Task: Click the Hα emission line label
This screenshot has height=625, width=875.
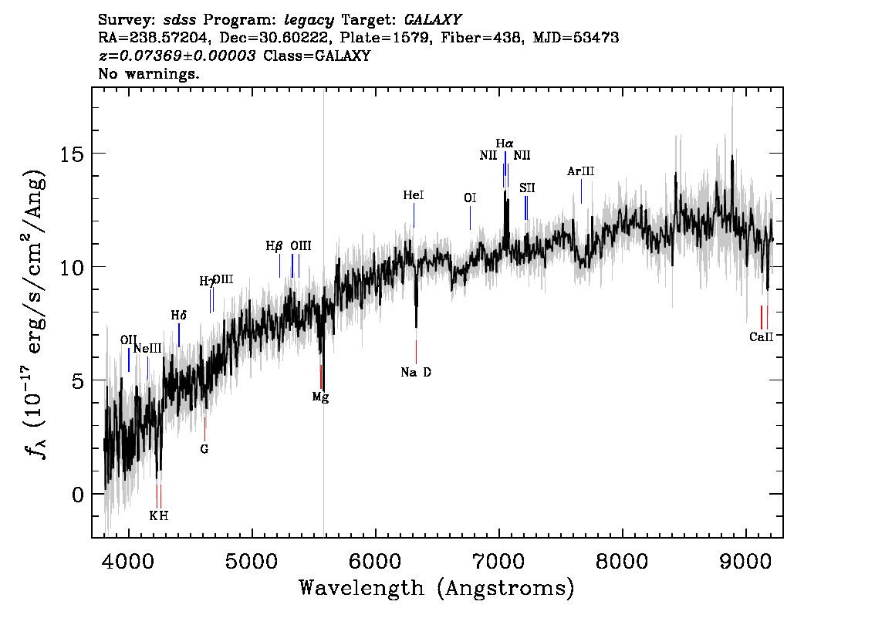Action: pos(505,144)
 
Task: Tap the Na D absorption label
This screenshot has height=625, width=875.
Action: pos(416,372)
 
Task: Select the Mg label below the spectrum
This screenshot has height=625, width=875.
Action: pos(320,397)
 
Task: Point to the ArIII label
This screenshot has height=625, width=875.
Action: pos(580,171)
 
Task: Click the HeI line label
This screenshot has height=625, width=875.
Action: pos(414,195)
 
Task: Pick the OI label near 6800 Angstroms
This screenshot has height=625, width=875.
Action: pos(470,198)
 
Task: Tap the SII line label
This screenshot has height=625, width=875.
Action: pos(527,188)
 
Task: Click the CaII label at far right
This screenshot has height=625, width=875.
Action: pos(761,336)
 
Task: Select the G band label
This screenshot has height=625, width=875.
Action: pos(204,449)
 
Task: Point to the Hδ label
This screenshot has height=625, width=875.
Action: pos(178,316)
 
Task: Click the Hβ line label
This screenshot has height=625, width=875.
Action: pos(274,246)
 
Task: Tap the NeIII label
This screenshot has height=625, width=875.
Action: pos(147,349)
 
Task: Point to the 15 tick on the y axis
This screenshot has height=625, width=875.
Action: pos(72,154)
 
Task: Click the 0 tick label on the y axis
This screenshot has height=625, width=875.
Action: pos(78,495)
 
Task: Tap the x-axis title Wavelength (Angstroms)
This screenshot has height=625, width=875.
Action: pos(437,588)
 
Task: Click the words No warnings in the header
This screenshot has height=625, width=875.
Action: pos(148,73)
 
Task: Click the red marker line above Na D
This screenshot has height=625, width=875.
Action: pos(417,352)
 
